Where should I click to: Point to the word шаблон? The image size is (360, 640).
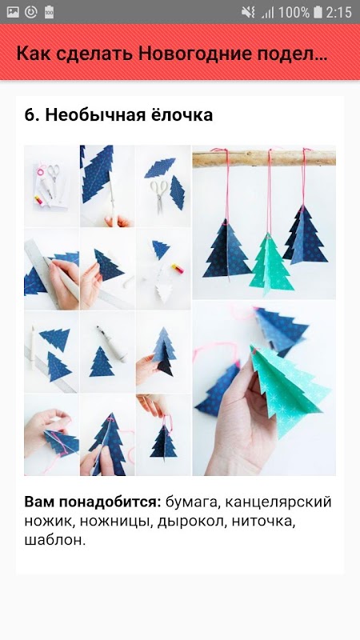click(55, 541)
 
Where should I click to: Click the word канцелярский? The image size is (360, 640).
click(278, 502)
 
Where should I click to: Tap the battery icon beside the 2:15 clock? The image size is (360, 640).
click(318, 12)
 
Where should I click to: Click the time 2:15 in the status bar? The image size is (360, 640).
click(338, 12)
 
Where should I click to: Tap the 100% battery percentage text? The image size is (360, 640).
click(294, 12)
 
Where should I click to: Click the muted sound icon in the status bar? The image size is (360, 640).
click(248, 12)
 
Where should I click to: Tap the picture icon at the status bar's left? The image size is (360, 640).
click(13, 12)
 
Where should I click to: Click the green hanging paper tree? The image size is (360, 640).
click(271, 263)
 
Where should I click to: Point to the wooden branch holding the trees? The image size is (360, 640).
click(264, 158)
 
